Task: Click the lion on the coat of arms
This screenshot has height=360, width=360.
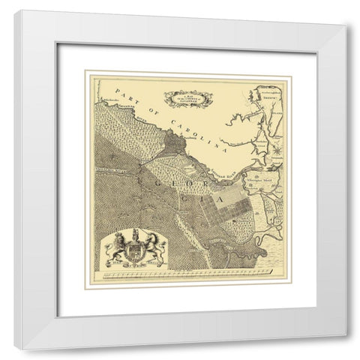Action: click(x=118, y=248)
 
